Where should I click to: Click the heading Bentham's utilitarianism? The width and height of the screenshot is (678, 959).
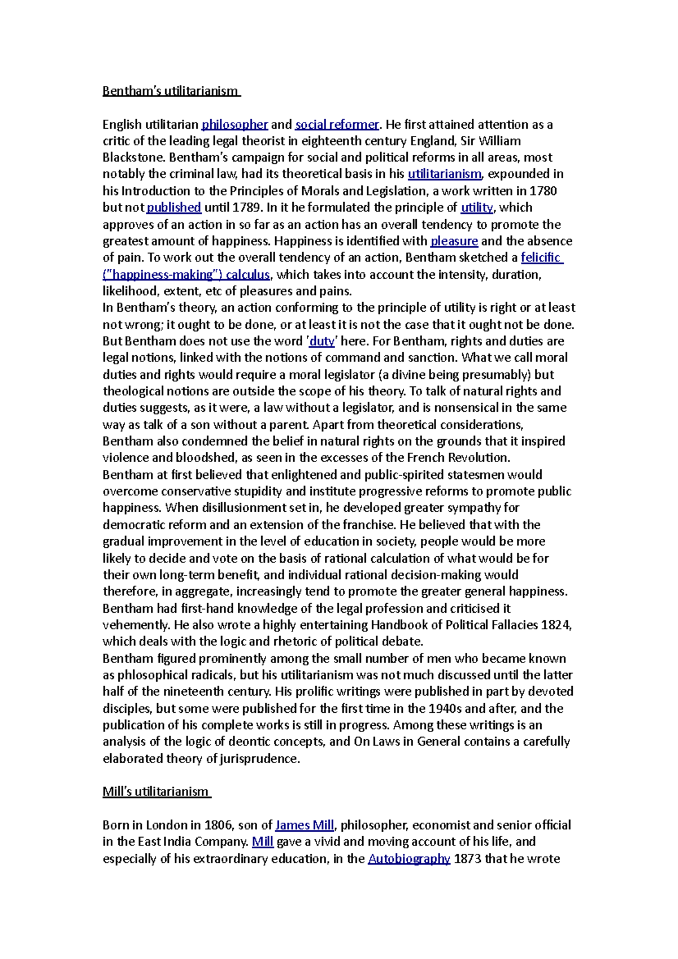[x=170, y=91]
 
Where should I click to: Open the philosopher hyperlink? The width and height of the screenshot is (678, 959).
[x=235, y=124]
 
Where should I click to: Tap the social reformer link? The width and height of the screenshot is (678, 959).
[x=337, y=124]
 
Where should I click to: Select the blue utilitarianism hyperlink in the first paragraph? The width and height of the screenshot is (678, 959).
[x=444, y=174]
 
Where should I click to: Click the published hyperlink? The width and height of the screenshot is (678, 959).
[x=174, y=207]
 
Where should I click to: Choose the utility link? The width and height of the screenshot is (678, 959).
[x=476, y=207]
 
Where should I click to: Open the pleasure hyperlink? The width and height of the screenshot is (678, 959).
[x=454, y=241]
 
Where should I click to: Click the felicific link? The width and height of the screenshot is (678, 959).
[x=541, y=258]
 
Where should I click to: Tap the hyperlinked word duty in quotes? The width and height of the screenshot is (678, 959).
[x=322, y=341]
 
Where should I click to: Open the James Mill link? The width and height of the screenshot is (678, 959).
[x=305, y=825]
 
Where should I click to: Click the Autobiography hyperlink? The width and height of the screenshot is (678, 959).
[x=408, y=859]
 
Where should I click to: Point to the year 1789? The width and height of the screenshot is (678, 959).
[x=247, y=207]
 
